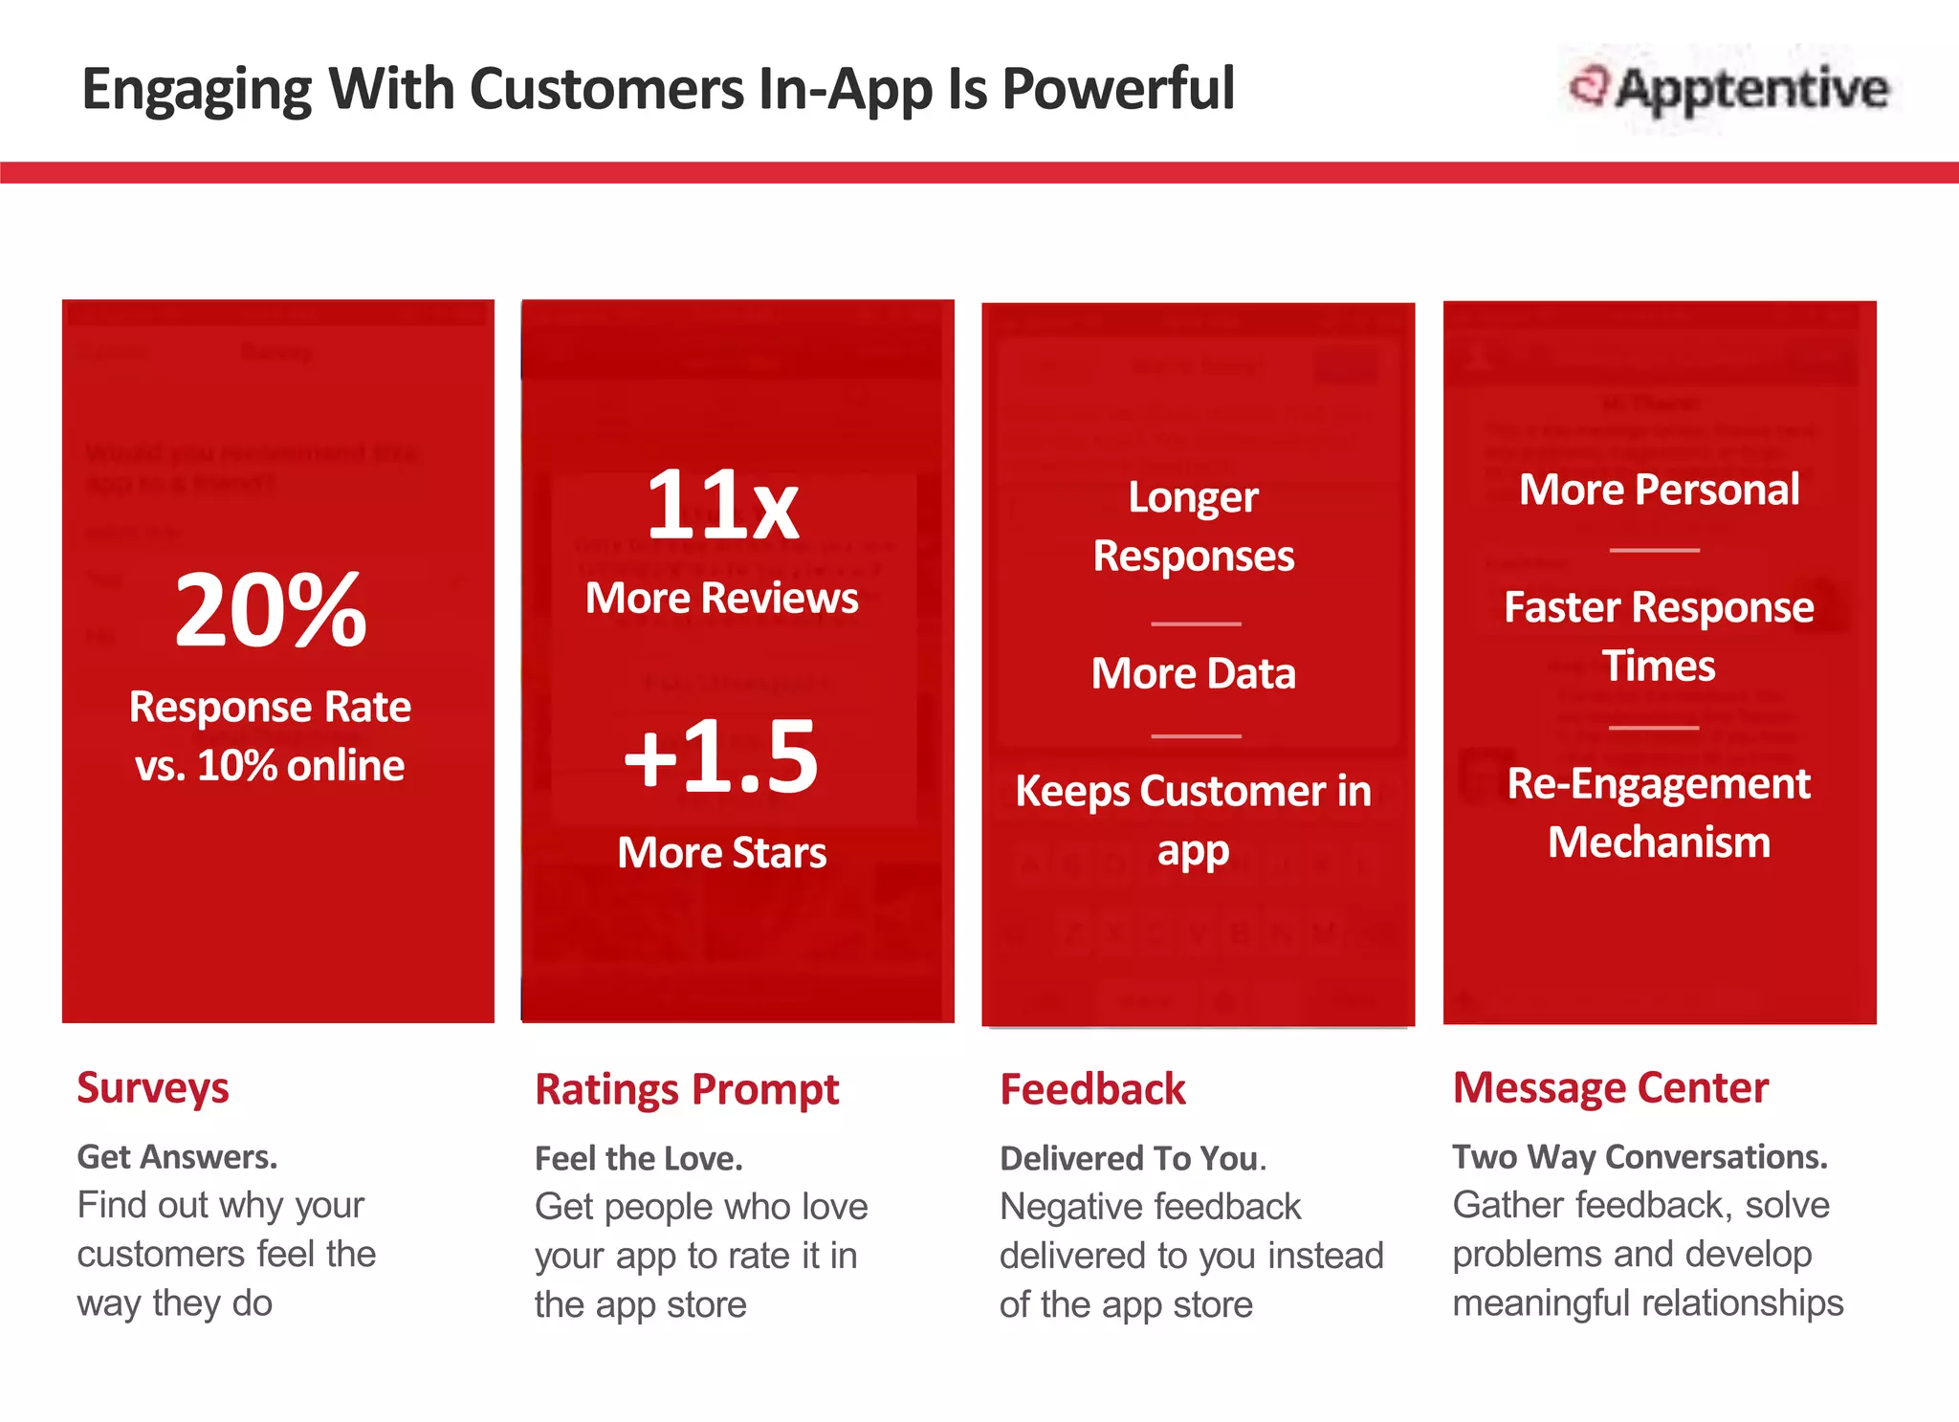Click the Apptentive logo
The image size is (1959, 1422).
click(1729, 89)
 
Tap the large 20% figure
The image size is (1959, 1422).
click(271, 609)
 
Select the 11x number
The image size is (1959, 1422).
click(722, 504)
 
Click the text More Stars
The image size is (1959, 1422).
click(721, 852)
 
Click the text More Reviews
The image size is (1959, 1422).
click(721, 599)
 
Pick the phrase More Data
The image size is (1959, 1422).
click(1194, 673)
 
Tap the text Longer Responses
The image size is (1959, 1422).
click(1194, 526)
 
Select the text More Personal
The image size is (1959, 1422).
click(1659, 490)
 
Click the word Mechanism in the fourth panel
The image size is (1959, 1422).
click(1659, 842)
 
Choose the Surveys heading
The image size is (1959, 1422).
click(153, 1088)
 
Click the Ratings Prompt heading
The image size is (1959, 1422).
click(686, 1089)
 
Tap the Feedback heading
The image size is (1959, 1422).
click(1092, 1089)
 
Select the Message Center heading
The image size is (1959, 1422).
click(1610, 1088)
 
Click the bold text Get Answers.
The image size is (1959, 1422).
click(177, 1157)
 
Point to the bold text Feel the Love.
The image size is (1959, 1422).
click(638, 1158)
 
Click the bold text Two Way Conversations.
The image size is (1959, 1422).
click(1640, 1157)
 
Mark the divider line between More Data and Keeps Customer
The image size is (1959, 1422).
click(1196, 735)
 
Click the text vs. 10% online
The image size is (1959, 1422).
click(270, 765)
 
